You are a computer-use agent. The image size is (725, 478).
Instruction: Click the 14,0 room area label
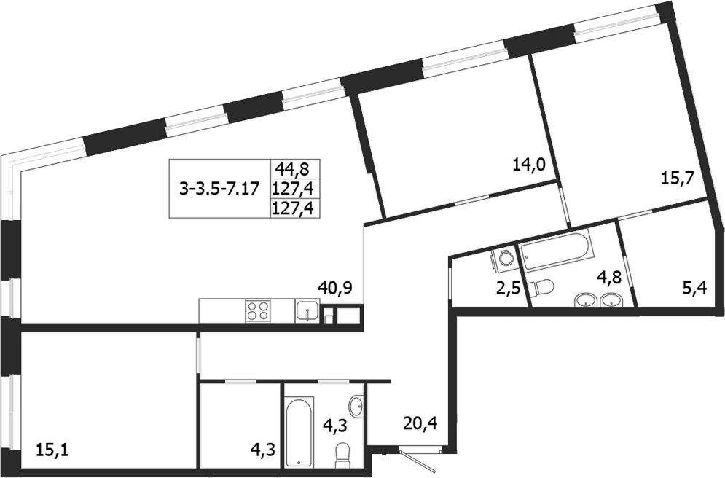coord(530,165)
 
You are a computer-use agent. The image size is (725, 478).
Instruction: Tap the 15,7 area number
coord(676,179)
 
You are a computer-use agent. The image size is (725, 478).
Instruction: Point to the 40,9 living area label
coord(335,287)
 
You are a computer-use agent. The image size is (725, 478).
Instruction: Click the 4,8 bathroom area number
coord(610,278)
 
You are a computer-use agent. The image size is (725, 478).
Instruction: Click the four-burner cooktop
coord(258,311)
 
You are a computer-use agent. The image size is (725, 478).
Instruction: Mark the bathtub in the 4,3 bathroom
coord(299,431)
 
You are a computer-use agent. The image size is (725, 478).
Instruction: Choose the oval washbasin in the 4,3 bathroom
coord(357,406)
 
